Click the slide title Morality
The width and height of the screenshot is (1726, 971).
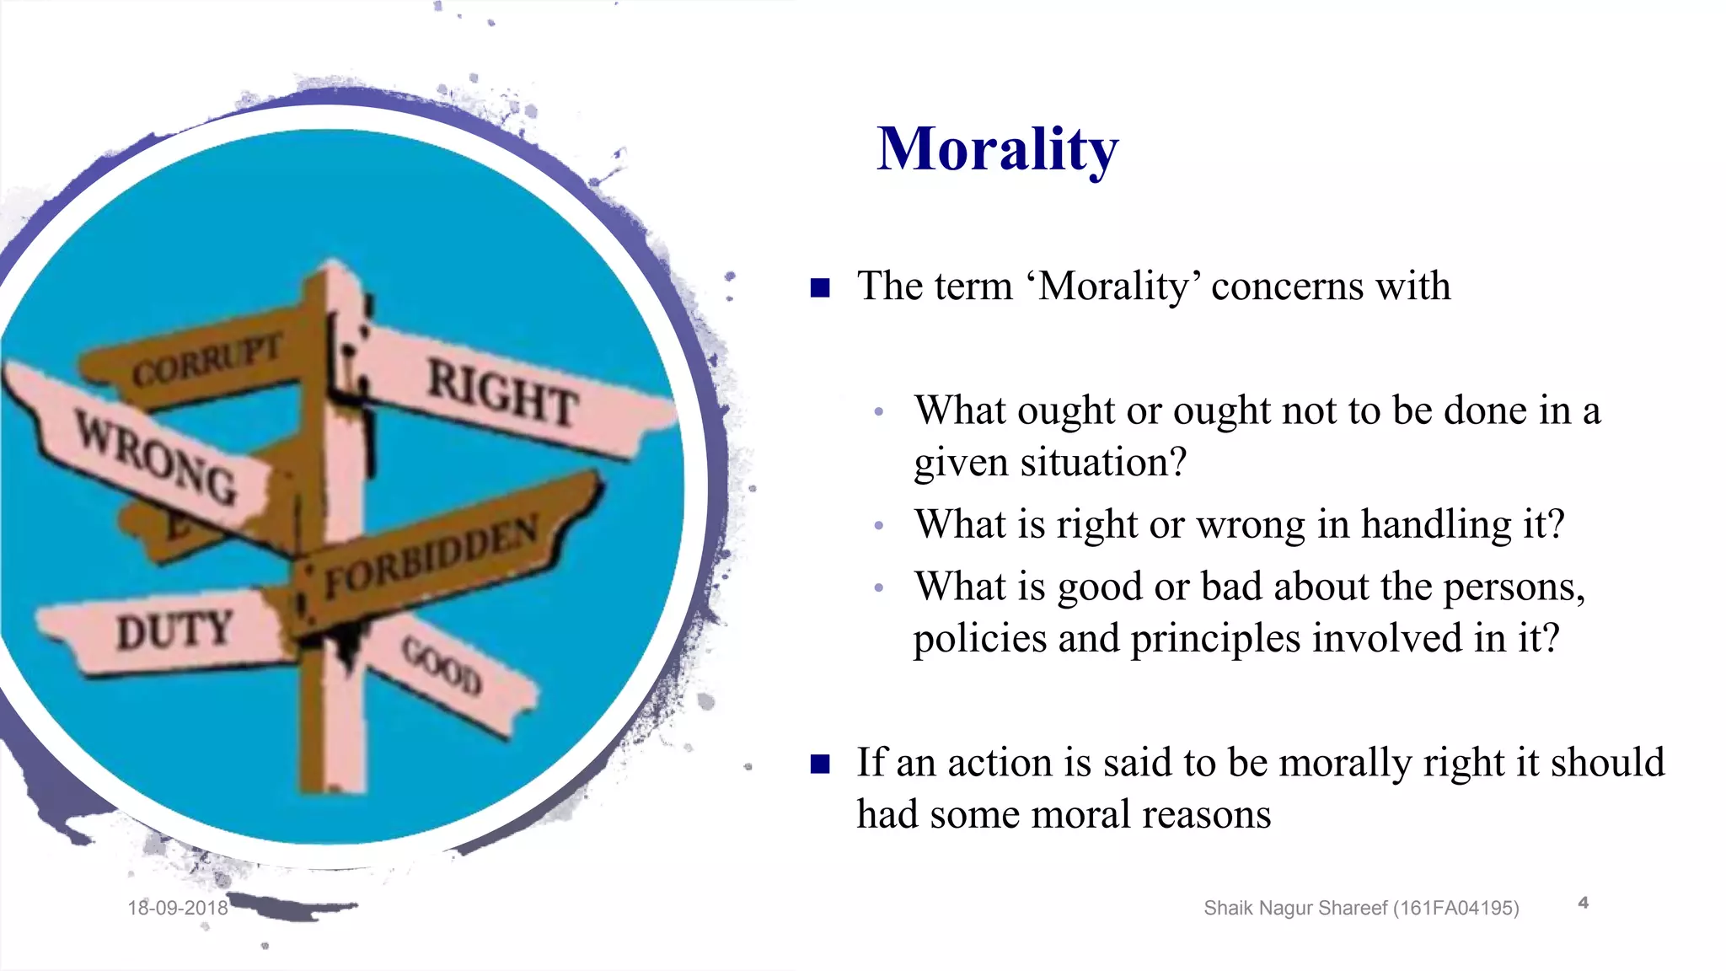pos(997,150)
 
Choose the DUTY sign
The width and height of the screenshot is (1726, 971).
pos(174,631)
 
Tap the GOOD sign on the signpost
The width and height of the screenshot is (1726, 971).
pos(442,667)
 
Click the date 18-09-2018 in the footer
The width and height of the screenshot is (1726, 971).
pos(178,908)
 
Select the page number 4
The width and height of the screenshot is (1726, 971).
pos(1583,903)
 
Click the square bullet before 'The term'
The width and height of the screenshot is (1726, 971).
pos(820,288)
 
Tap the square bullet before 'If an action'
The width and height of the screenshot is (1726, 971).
pos(820,764)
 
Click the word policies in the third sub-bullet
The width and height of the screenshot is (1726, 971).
pos(979,639)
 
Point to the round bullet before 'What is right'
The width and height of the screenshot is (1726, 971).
pos(879,526)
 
